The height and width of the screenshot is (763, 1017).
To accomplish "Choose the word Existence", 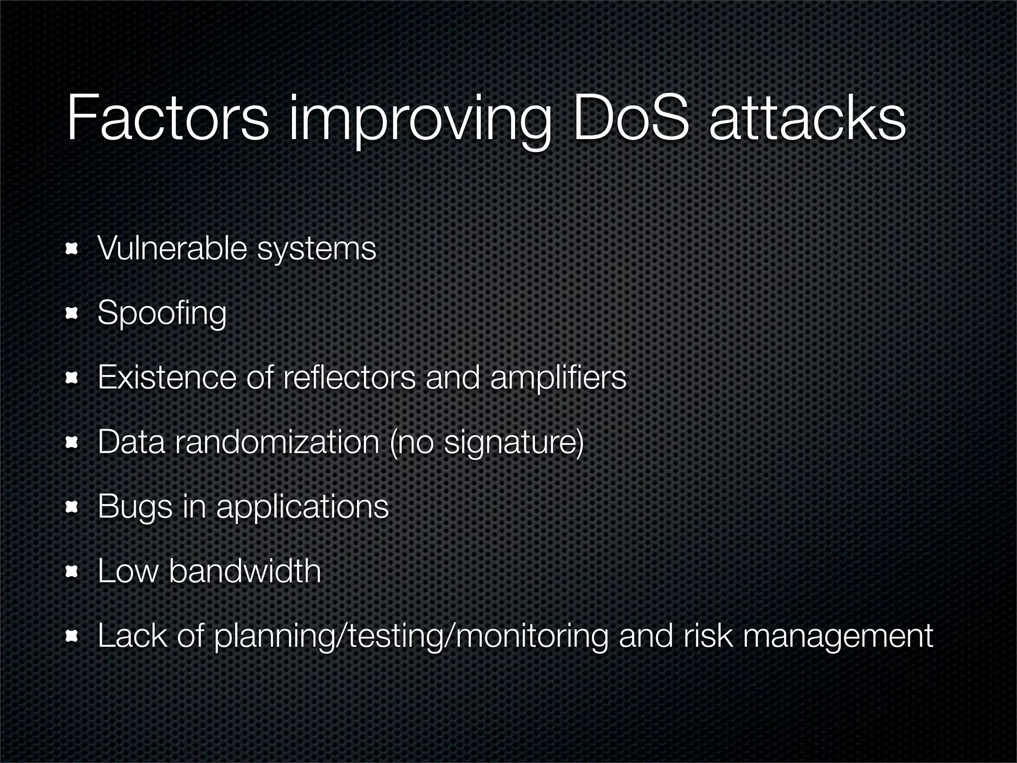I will click(167, 377).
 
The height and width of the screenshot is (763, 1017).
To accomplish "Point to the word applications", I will click(302, 508).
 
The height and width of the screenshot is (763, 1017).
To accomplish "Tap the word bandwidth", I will click(245, 571).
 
